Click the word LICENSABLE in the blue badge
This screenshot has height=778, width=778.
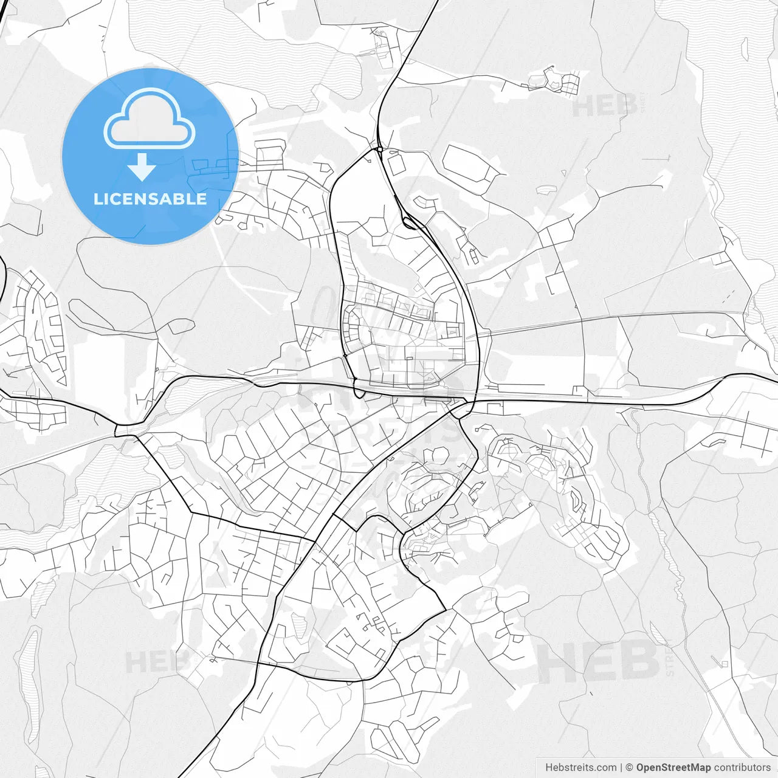(x=150, y=199)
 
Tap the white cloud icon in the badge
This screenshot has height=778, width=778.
(x=150, y=119)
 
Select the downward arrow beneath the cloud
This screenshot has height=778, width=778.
(x=142, y=167)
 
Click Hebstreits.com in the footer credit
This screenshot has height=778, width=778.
(x=580, y=768)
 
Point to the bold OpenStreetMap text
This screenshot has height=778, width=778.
(x=673, y=768)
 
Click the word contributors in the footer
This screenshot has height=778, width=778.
(x=742, y=768)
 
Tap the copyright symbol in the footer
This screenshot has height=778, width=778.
(x=630, y=768)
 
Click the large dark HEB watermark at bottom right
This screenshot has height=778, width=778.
(x=599, y=663)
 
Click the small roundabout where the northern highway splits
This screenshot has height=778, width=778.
(x=379, y=148)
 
